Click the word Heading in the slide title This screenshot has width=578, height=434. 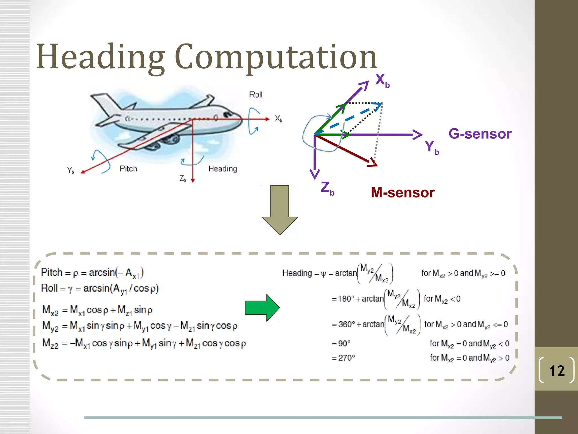[100, 57]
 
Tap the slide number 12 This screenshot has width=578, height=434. [557, 371]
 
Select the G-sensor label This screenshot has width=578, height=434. [480, 134]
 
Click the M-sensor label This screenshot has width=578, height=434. [402, 193]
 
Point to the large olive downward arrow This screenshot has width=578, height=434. [279, 211]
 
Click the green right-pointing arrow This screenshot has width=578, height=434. [262, 308]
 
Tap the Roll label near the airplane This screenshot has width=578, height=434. [256, 95]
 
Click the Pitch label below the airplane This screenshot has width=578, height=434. [128, 169]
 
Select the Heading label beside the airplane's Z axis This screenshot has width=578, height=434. [223, 169]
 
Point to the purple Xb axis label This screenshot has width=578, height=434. [382, 81]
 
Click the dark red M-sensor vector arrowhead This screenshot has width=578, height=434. [373, 163]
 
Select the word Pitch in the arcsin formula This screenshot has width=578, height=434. [52, 272]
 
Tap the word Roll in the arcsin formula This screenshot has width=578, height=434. [49, 288]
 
